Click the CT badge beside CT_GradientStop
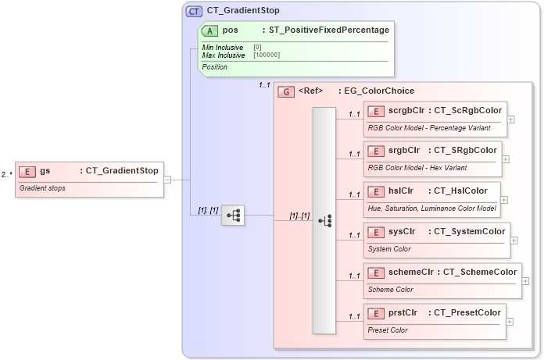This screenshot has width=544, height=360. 194,11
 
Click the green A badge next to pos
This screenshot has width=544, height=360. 210,30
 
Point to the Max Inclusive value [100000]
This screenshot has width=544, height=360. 267,55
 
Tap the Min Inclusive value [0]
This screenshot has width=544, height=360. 257,47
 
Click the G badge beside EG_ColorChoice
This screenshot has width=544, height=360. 286,91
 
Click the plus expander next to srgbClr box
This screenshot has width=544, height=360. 505,159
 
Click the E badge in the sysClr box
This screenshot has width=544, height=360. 376,232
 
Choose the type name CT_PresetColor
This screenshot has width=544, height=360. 467,312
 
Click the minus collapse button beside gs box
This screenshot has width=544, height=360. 167,180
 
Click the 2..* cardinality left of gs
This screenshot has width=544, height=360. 7,174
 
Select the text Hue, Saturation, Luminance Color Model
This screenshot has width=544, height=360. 432,208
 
